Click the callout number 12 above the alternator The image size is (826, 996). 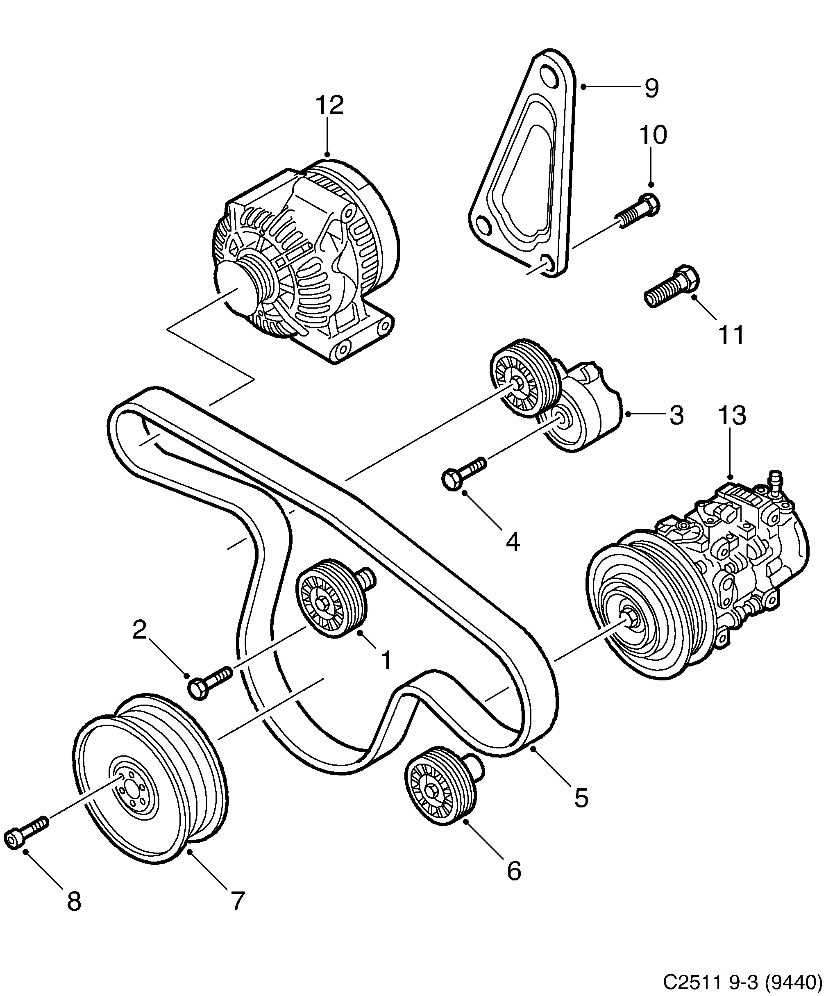click(x=329, y=105)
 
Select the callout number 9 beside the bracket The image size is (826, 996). click(x=651, y=88)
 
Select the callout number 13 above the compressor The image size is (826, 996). click(x=732, y=415)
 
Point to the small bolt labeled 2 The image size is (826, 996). click(x=209, y=682)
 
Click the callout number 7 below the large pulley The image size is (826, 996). click(x=238, y=901)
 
